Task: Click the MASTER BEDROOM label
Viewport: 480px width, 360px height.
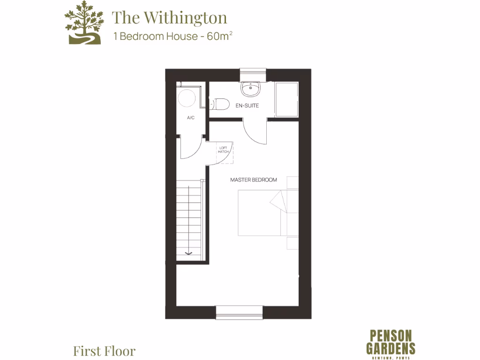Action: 253,180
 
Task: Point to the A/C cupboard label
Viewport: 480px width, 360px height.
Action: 191,118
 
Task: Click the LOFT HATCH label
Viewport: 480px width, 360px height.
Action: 224,150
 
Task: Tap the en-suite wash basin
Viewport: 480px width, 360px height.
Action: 251,88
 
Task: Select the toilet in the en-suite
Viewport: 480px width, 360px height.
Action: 220,104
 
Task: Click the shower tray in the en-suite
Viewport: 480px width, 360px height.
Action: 286,99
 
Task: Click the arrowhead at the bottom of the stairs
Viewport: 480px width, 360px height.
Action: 188,253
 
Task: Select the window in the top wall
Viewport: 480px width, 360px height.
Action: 253,75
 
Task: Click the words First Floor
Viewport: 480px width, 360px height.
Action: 104,351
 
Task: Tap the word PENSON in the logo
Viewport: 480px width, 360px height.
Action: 390,336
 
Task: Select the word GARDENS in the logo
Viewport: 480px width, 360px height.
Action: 390,348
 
